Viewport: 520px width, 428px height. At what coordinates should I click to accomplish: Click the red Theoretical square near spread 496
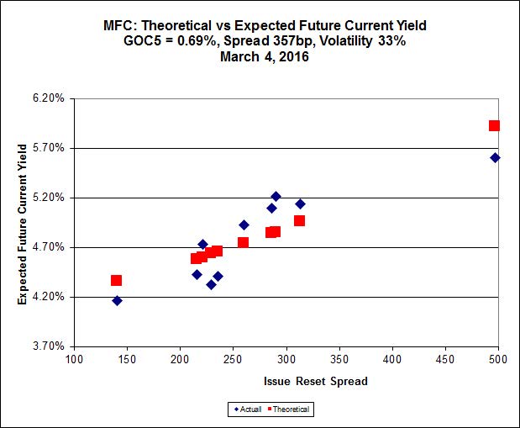coord(495,125)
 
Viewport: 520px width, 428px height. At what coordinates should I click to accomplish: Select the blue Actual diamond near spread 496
coord(496,157)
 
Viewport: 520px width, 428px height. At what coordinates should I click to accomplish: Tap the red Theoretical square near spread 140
coord(117,280)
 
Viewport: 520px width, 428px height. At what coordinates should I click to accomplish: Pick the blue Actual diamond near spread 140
coord(117,300)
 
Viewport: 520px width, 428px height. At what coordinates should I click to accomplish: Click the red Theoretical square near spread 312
coord(299,220)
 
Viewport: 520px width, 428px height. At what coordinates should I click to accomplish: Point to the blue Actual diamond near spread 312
coord(300,203)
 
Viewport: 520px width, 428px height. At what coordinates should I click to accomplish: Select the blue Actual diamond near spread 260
coord(244,225)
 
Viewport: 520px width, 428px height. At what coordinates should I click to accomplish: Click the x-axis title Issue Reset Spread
coord(286,381)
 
